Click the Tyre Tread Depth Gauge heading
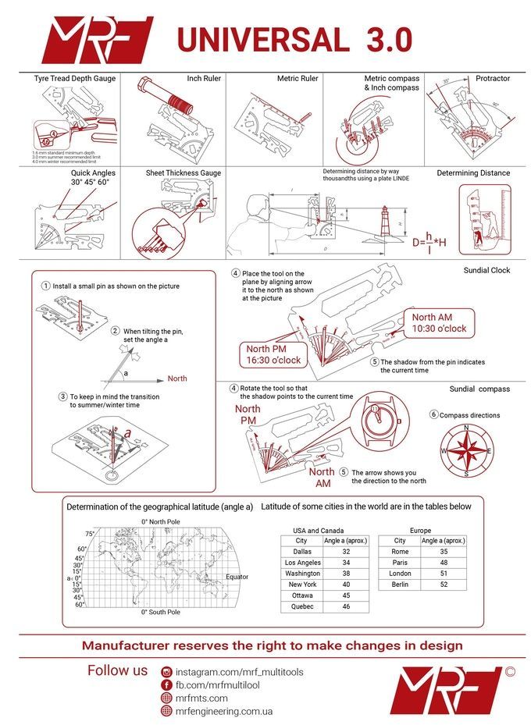[x=74, y=79]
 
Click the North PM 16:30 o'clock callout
[x=268, y=355]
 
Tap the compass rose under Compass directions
[x=466, y=450]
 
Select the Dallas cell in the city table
[x=301, y=551]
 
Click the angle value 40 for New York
[x=345, y=584]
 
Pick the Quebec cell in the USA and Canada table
[x=301, y=606]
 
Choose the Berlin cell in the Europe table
[x=399, y=584]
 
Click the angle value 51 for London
[x=444, y=573]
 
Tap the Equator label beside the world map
[x=237, y=577]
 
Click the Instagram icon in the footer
[x=166, y=672]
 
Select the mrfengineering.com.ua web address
[x=223, y=711]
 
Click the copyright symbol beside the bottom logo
[x=510, y=670]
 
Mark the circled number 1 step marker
[x=47, y=286]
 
